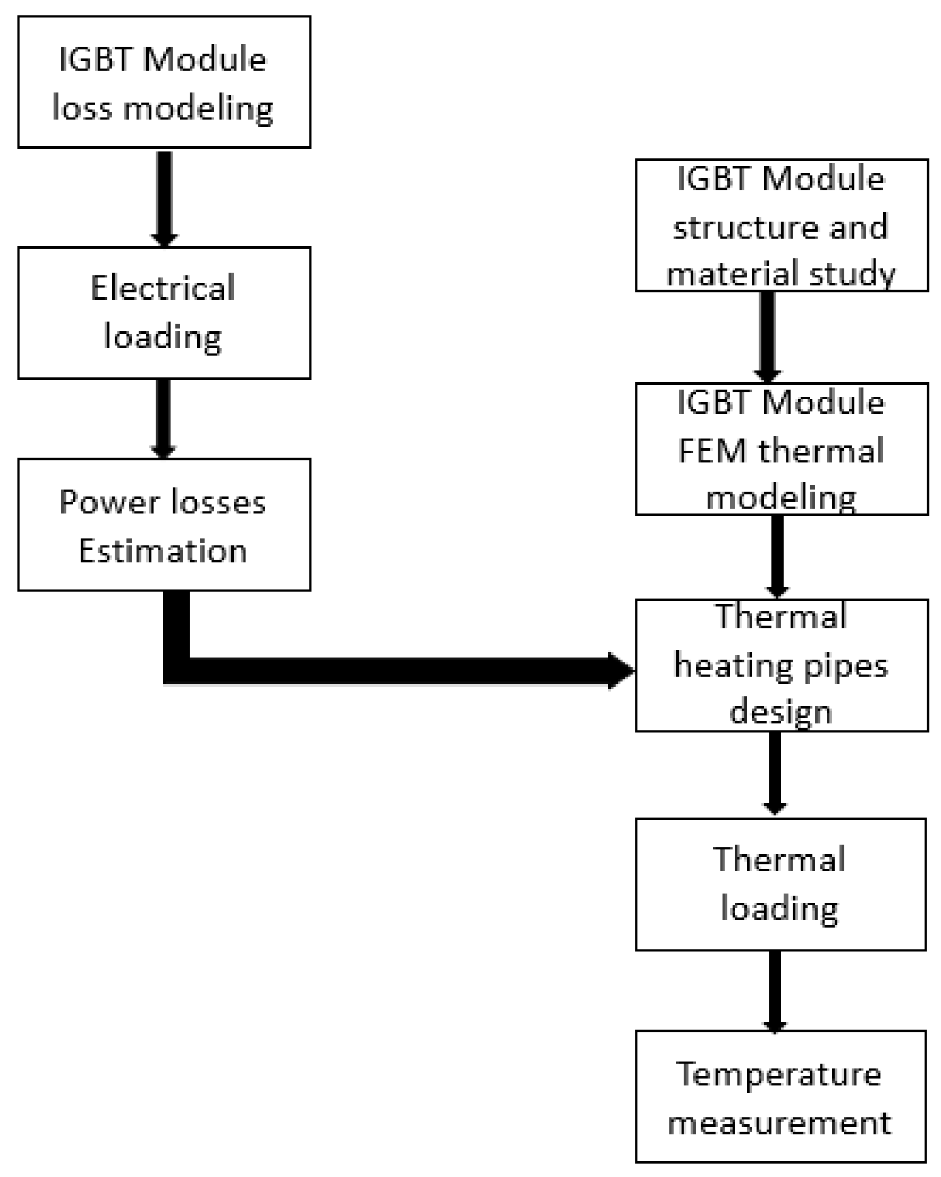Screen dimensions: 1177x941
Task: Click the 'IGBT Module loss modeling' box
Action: click(163, 82)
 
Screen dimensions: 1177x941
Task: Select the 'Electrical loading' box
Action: click(163, 313)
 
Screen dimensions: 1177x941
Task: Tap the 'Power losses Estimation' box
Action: click(163, 525)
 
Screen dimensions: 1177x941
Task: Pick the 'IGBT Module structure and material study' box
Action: click(781, 225)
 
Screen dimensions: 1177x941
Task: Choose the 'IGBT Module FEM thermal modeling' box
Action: click(781, 449)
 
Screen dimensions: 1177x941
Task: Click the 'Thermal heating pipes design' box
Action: click(781, 665)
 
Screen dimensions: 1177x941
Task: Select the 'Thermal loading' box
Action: click(780, 884)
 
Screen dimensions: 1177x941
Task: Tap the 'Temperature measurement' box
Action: click(780, 1096)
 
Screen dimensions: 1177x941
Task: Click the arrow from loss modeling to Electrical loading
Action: click(164, 197)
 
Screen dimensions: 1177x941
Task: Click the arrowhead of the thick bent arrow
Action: click(621, 671)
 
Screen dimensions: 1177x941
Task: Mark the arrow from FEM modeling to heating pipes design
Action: click(776, 556)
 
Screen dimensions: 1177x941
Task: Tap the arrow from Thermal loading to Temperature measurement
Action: click(774, 990)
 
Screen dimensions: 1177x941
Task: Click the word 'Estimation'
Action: click(163, 551)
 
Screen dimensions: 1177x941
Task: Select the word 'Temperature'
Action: click(779, 1075)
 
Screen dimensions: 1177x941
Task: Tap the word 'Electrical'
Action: click(163, 289)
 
